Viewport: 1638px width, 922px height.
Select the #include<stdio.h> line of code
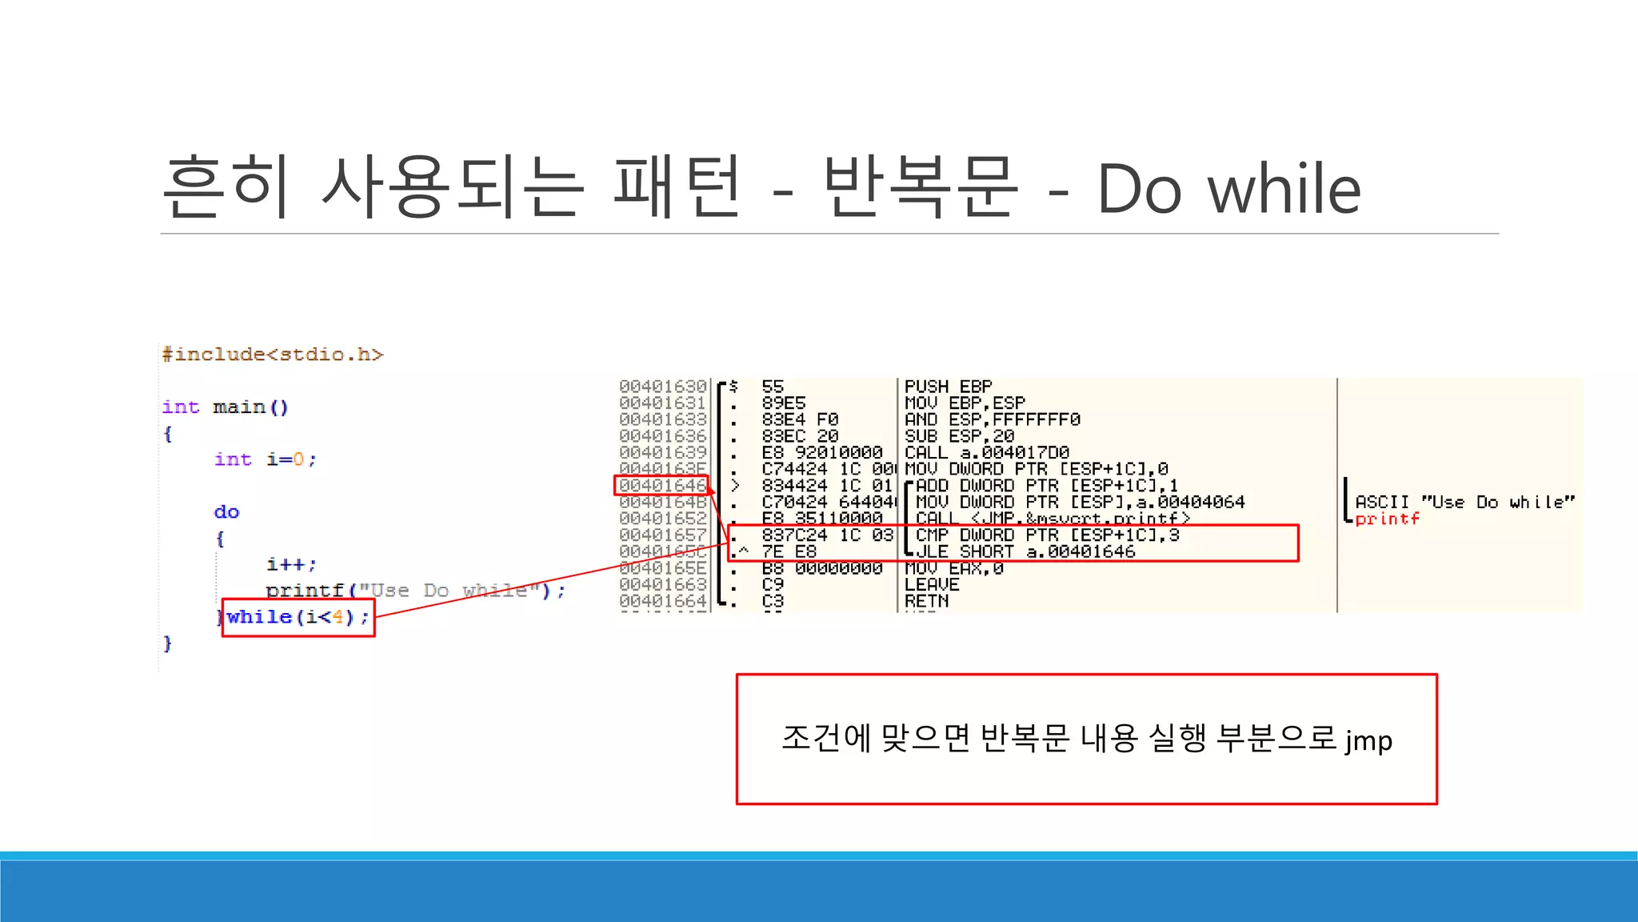coord(273,354)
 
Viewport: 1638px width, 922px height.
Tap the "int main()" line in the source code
coord(225,407)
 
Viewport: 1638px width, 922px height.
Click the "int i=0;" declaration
coord(265,459)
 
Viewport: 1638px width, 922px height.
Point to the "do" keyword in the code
coord(226,512)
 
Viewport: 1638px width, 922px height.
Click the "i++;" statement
coord(291,564)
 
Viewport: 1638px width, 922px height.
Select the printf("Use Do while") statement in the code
coord(415,591)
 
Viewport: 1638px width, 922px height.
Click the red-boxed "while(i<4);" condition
coord(298,617)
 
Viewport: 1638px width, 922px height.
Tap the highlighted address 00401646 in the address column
coord(662,486)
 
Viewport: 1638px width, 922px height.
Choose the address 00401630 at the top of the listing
coord(662,387)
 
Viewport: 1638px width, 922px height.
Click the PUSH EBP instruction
coord(948,387)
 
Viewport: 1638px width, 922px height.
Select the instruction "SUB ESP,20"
coord(959,436)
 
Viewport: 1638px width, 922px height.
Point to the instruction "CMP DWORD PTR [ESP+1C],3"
coord(1047,535)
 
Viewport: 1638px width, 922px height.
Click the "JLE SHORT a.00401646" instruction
coord(1025,551)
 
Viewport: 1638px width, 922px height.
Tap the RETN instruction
coord(926,601)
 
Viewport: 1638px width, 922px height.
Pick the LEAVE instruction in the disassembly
coord(931,585)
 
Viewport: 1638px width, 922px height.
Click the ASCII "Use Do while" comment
coord(1464,502)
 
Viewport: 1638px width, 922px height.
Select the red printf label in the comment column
coord(1387,519)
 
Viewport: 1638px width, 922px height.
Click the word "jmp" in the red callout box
coord(1368,740)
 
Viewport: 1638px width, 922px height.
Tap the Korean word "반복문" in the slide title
coord(921,189)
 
